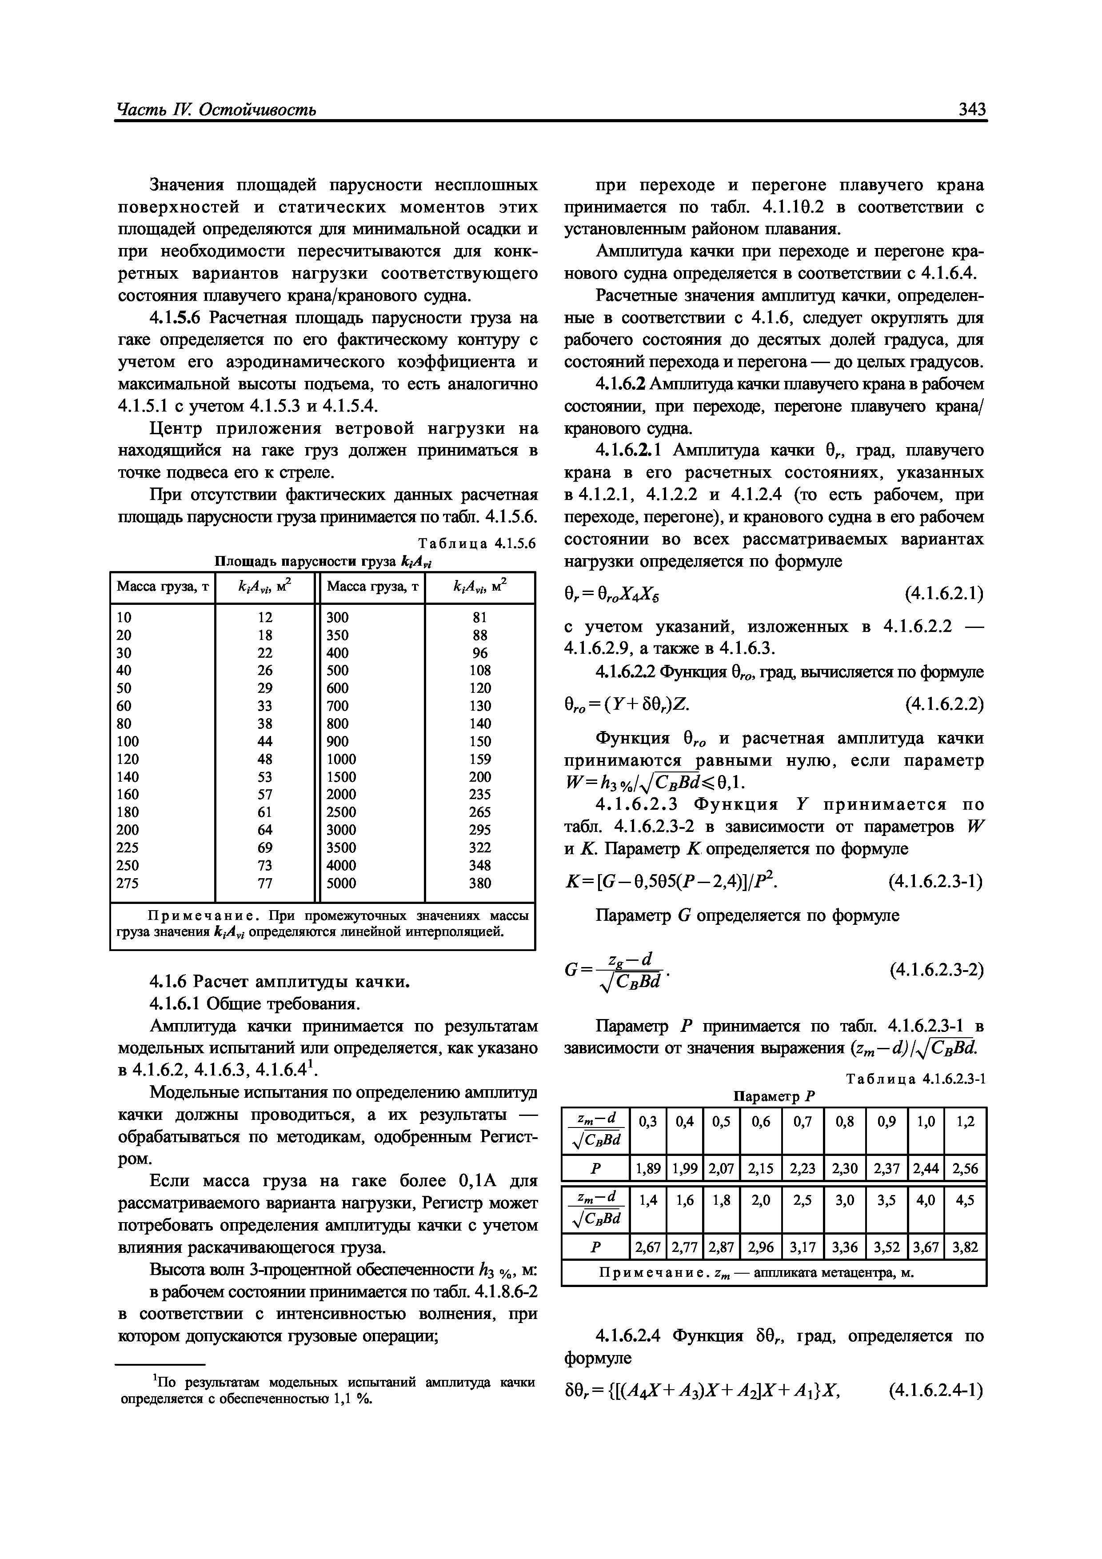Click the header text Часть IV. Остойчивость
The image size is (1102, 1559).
click(x=216, y=110)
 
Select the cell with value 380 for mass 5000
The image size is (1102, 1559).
click(x=480, y=883)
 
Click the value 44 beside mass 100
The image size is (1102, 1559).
click(x=265, y=741)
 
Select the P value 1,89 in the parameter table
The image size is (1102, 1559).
click(x=648, y=1168)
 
